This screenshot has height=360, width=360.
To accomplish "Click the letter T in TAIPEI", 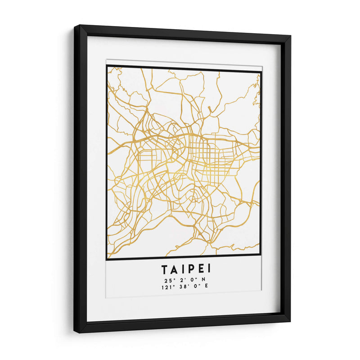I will pyautogui.click(x=165, y=270).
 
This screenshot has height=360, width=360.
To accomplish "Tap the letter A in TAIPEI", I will pyautogui.click(x=175, y=270).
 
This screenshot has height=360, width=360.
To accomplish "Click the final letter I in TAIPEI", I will pyautogui.click(x=208, y=270).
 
